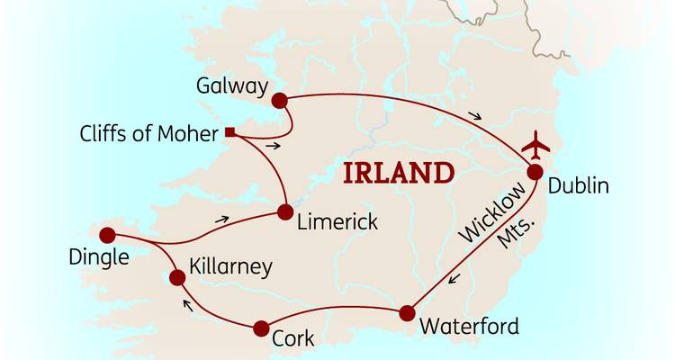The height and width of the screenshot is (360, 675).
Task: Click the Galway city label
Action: [232, 87]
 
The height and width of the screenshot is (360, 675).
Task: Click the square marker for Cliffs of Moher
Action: [230, 133]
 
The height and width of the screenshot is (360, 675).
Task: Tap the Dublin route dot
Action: [535, 173]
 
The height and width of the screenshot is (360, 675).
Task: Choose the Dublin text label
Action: [578, 187]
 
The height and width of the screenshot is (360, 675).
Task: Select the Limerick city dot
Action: [285, 212]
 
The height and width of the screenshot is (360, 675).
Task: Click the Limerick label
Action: [337, 221]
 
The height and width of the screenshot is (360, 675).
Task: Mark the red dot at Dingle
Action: [108, 236]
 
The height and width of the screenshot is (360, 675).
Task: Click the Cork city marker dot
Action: [261, 328]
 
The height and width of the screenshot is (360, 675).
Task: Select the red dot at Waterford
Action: [407, 313]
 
